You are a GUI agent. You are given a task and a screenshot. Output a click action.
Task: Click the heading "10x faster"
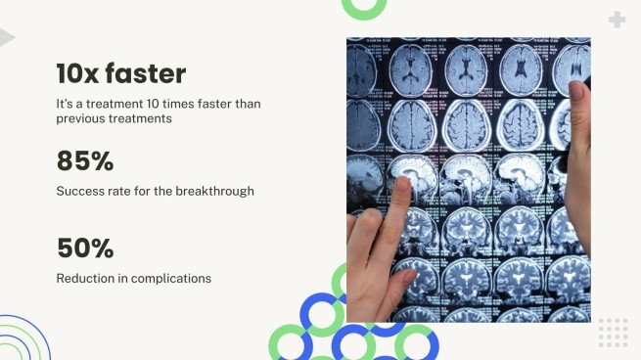coord(120,73)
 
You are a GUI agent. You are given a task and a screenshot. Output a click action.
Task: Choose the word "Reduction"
coord(85,279)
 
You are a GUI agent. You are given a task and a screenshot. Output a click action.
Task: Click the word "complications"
coord(173,279)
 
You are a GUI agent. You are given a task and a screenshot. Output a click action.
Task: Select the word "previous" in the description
coord(82,119)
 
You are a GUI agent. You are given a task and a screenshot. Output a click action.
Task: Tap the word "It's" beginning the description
coord(65,104)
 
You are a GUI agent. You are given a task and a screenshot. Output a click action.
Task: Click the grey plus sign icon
coord(617,20)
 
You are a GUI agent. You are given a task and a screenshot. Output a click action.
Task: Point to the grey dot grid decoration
coord(613,333)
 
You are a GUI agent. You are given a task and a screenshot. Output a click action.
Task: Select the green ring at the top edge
coord(363,7)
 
